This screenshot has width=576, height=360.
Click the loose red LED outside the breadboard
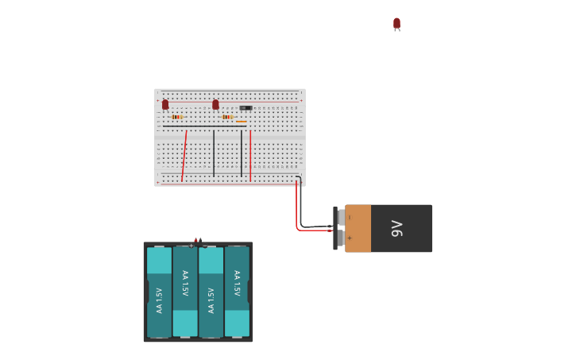396,23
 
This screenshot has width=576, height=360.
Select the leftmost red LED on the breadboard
165,104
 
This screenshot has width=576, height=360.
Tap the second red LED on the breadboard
215,104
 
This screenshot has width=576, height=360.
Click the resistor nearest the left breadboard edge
176,117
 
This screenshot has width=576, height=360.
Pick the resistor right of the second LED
227,117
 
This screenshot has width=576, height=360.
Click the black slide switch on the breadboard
246,107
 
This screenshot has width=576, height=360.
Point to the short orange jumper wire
241,122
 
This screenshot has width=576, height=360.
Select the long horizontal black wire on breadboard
204,126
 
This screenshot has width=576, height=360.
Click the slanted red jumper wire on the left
184,156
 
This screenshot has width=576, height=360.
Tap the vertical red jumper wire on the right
250,156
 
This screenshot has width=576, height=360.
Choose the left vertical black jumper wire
214,153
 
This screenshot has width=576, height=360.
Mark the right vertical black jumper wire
242,153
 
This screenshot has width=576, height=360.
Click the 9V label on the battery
398,229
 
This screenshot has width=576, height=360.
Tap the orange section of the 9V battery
358,229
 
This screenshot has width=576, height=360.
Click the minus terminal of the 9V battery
342,217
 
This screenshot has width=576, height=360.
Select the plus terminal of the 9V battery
342,238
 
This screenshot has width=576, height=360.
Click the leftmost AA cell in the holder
159,292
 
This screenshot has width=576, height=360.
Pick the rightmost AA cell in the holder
237,292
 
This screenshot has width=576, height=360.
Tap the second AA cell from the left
185,292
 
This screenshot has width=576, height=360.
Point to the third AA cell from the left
211,292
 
